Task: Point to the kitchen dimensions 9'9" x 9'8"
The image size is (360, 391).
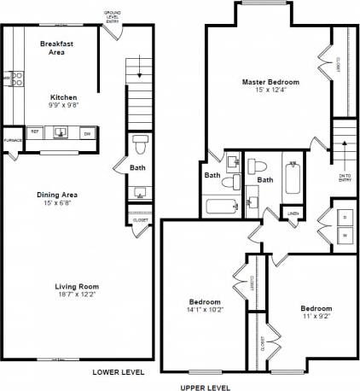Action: coord(64,106)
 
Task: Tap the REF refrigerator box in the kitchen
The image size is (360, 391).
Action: coord(35,132)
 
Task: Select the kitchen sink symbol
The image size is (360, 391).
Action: coord(61,132)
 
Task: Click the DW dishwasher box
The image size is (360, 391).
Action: coord(87,132)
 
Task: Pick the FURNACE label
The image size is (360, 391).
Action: coord(13,140)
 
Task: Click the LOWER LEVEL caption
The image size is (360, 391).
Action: coord(119,372)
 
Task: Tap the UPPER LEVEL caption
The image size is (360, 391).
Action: coord(206,387)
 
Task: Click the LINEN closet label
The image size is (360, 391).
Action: coord(293,213)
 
